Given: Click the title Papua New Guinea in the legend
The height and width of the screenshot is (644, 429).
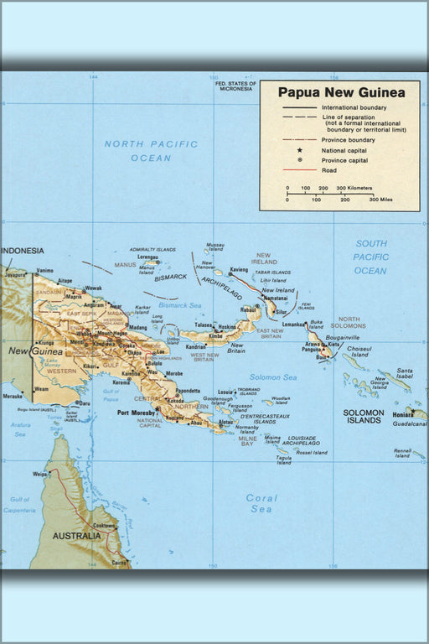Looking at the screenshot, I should (x=341, y=92).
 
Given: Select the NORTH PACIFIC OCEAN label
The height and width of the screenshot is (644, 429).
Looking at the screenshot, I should (x=151, y=151).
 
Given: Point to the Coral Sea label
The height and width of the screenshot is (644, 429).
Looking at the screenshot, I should (x=261, y=503).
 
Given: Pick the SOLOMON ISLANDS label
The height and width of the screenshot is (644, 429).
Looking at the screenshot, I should (x=364, y=417).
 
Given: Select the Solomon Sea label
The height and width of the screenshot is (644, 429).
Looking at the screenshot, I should (x=273, y=377).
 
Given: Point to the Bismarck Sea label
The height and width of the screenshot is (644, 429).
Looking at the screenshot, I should (x=180, y=305).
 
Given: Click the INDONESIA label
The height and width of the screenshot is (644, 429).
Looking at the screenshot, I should (x=22, y=251).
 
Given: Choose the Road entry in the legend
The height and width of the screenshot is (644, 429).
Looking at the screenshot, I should (x=329, y=170).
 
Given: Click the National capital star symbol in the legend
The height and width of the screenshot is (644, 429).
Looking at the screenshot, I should (x=299, y=150).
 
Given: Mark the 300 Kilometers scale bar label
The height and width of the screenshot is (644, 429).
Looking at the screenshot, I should (x=354, y=189).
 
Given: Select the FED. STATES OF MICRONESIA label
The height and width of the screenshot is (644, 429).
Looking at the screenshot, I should (x=235, y=86).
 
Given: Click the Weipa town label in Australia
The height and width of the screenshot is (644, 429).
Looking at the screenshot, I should (x=39, y=475).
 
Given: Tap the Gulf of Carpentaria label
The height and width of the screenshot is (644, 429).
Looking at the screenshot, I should (x=20, y=505).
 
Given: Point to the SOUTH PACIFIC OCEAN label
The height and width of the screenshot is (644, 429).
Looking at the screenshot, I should (x=370, y=257).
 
